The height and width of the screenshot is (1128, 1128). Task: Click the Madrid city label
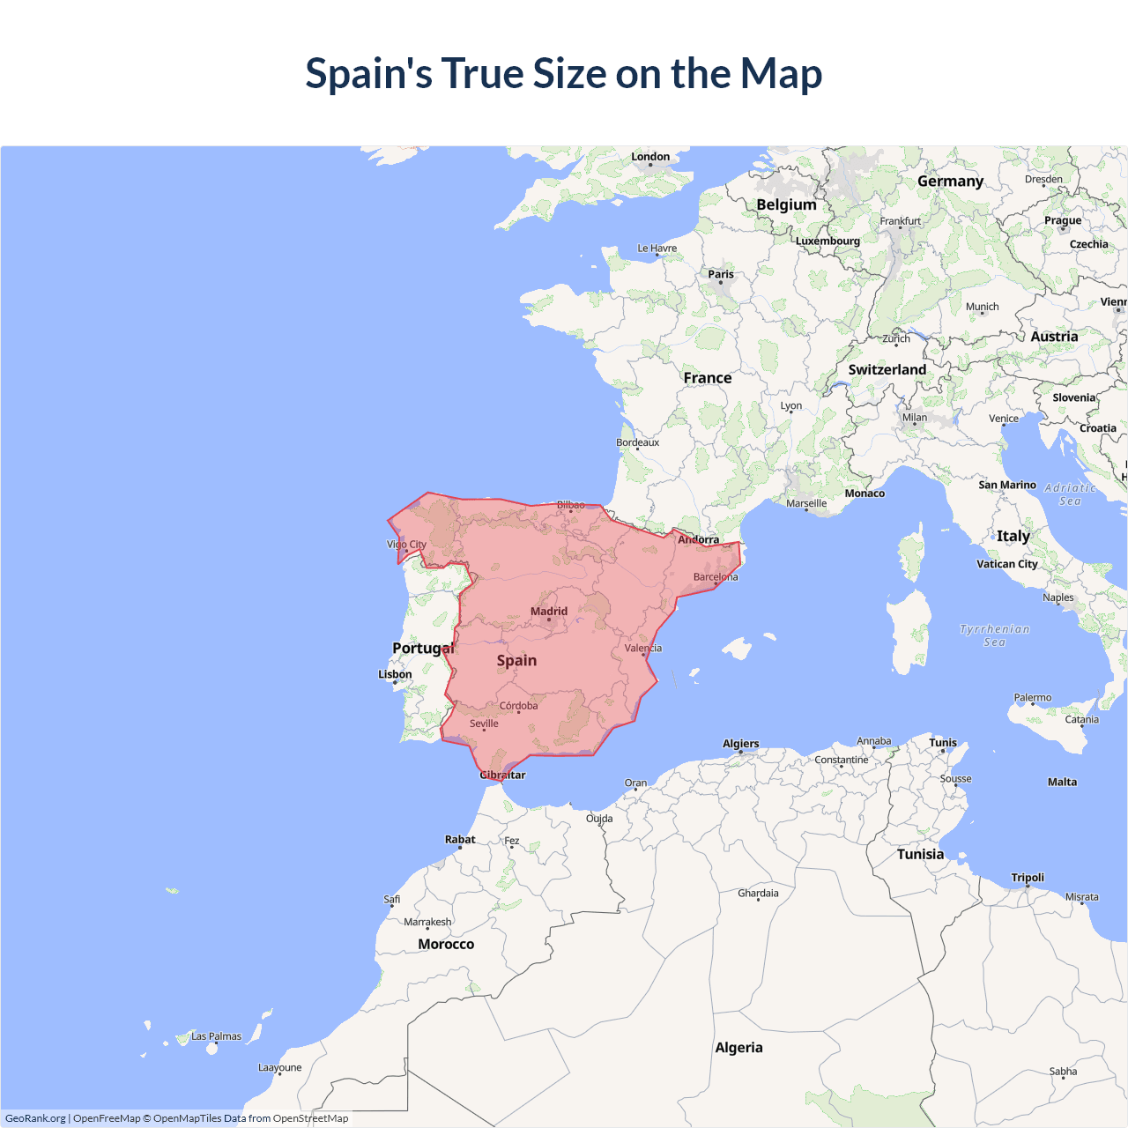549,611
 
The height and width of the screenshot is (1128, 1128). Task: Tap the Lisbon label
395,674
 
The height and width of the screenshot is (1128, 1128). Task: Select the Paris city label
721,274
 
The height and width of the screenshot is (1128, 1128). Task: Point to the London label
650,157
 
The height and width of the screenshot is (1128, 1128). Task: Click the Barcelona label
716,577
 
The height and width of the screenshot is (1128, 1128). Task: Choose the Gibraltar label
502,775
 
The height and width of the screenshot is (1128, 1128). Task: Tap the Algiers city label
740,744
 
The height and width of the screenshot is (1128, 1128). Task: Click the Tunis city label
942,743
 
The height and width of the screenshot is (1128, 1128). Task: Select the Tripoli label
1028,878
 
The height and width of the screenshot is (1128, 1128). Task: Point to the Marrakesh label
427,922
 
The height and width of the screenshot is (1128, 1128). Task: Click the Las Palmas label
216,1036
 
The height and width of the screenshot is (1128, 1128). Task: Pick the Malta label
1062,782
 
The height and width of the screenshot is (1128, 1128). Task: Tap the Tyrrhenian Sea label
994,635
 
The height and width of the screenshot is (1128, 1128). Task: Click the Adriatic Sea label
1070,494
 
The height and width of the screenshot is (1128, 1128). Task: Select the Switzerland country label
887,370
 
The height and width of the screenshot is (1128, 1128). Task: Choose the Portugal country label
423,649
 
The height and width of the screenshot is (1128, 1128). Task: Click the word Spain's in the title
368,73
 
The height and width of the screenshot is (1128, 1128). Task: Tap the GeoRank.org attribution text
35,1118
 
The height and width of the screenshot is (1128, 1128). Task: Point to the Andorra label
698,539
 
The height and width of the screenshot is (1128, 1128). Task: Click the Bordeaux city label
637,442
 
